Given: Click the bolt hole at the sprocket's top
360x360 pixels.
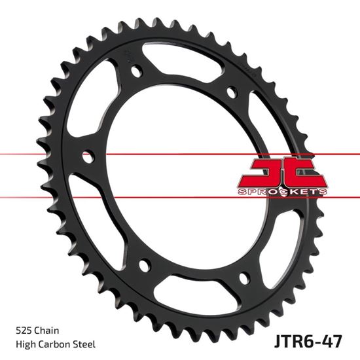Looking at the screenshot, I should (135, 70).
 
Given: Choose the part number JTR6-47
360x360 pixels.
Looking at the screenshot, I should (310, 342).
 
